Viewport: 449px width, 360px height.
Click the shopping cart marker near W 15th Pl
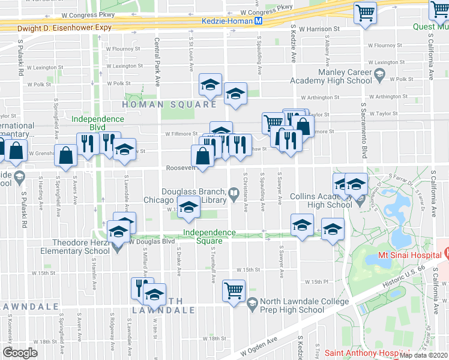234,290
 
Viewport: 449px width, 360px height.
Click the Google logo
20,352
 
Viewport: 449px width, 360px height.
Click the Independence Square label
209,236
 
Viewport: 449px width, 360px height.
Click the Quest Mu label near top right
430,26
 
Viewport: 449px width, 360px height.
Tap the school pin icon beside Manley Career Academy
379,75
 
